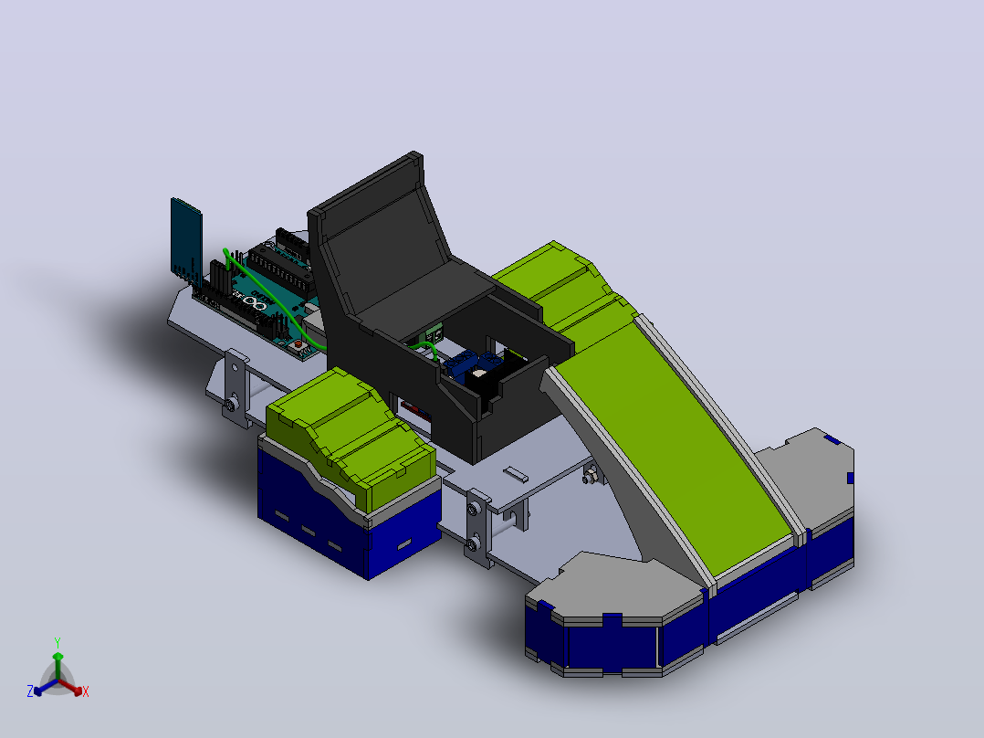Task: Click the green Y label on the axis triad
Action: (x=58, y=642)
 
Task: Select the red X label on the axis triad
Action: (x=86, y=691)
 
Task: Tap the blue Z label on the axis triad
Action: (x=30, y=691)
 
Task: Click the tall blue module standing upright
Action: (x=186, y=237)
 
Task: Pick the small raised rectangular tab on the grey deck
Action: (x=515, y=473)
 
